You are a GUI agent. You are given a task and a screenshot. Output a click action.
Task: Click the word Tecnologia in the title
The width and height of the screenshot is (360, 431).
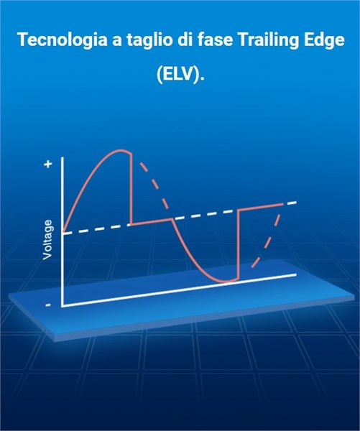[x=63, y=40]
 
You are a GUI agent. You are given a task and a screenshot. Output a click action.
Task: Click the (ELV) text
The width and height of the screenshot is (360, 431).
[x=180, y=74]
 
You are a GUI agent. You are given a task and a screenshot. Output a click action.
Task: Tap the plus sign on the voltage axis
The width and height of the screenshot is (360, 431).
[x=48, y=164]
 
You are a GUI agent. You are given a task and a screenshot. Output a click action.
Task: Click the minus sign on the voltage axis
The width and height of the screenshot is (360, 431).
[x=48, y=305]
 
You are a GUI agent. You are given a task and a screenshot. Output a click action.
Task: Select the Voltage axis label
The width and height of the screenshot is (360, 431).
[x=47, y=239]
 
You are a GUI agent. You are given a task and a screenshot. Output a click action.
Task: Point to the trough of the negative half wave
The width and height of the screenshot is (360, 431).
[x=226, y=282]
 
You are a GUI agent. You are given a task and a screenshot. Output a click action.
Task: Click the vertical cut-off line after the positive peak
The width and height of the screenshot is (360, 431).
[x=131, y=190]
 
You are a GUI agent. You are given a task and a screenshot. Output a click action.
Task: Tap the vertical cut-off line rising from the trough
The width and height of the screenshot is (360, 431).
[x=239, y=245]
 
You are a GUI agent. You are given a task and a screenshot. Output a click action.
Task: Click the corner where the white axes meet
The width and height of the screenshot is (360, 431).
[x=63, y=306]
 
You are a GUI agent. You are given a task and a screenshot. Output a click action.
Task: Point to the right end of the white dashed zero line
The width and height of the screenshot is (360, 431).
[x=297, y=203]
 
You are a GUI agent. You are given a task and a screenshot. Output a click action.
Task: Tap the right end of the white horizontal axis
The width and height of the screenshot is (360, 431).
[x=296, y=274]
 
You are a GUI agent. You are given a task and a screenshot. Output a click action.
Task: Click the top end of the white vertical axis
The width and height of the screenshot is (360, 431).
[x=63, y=157]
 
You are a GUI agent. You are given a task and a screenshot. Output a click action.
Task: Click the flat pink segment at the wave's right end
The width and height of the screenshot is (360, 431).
[x=261, y=207]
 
